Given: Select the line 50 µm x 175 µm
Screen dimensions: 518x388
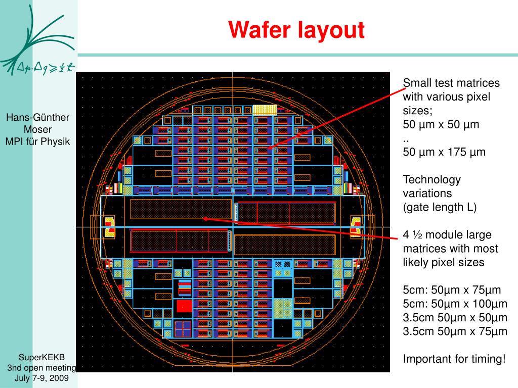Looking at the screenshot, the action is tap(444, 152).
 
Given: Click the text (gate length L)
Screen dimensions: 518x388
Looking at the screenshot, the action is tap(440, 207).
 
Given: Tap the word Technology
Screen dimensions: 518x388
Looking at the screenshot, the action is tap(431, 179).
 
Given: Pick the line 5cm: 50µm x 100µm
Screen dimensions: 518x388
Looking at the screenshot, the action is tap(454, 304).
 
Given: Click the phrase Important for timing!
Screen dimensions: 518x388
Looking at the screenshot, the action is tap(454, 359).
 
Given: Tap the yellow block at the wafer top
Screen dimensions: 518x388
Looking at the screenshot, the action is tap(264, 109).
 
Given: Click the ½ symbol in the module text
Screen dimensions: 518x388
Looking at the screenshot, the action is tap(417, 235).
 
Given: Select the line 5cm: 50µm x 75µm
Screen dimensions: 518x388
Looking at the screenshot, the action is tap(452, 290).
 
